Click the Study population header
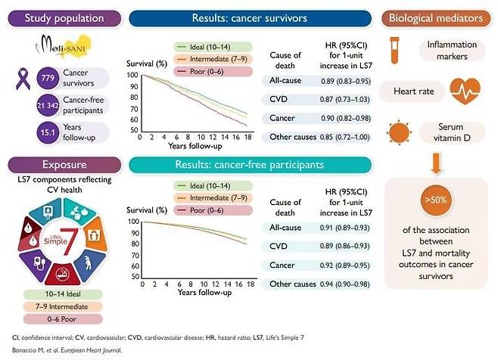pos(63,17)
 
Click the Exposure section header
pos(63,163)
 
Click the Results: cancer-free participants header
pos(227,163)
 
